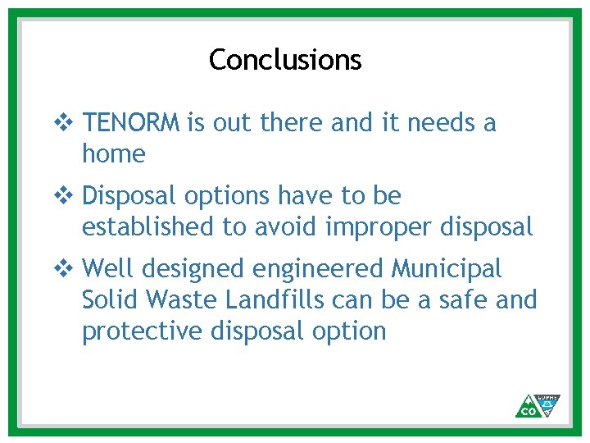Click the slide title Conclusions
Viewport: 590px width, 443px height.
[284, 60]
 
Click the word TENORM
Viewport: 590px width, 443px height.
[131, 123]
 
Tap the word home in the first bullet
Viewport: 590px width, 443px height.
[113, 153]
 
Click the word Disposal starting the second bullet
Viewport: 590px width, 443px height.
[130, 197]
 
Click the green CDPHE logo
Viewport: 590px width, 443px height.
[538, 405]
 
